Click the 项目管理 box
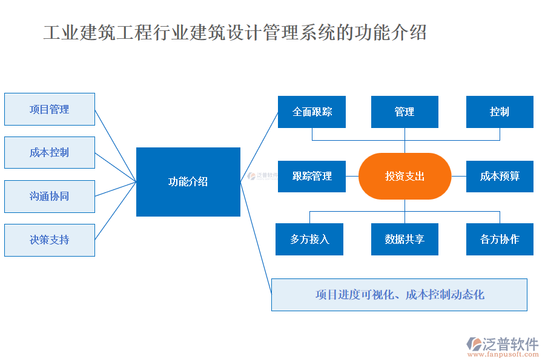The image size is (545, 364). (x=50, y=109)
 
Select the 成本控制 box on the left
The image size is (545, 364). (x=50, y=152)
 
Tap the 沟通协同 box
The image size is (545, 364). (x=50, y=196)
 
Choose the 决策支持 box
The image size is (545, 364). (x=50, y=240)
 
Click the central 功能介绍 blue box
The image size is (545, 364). (x=188, y=181)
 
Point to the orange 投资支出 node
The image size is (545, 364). (x=405, y=176)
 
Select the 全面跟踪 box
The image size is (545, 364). (x=312, y=112)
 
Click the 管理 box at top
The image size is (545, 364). (x=405, y=112)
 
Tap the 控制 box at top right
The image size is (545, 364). (x=500, y=112)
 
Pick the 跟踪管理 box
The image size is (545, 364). (x=312, y=176)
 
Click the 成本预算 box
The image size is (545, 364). (x=500, y=176)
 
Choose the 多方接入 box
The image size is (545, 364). (x=309, y=239)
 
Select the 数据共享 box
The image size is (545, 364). (x=405, y=239)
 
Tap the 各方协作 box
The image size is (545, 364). (x=500, y=239)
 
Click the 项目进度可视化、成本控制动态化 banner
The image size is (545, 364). (x=399, y=295)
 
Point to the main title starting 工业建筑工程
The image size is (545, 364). (x=235, y=32)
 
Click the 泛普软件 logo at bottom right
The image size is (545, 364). (x=503, y=344)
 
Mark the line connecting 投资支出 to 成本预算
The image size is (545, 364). (x=458, y=176)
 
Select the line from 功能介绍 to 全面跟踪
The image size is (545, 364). (x=259, y=146)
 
